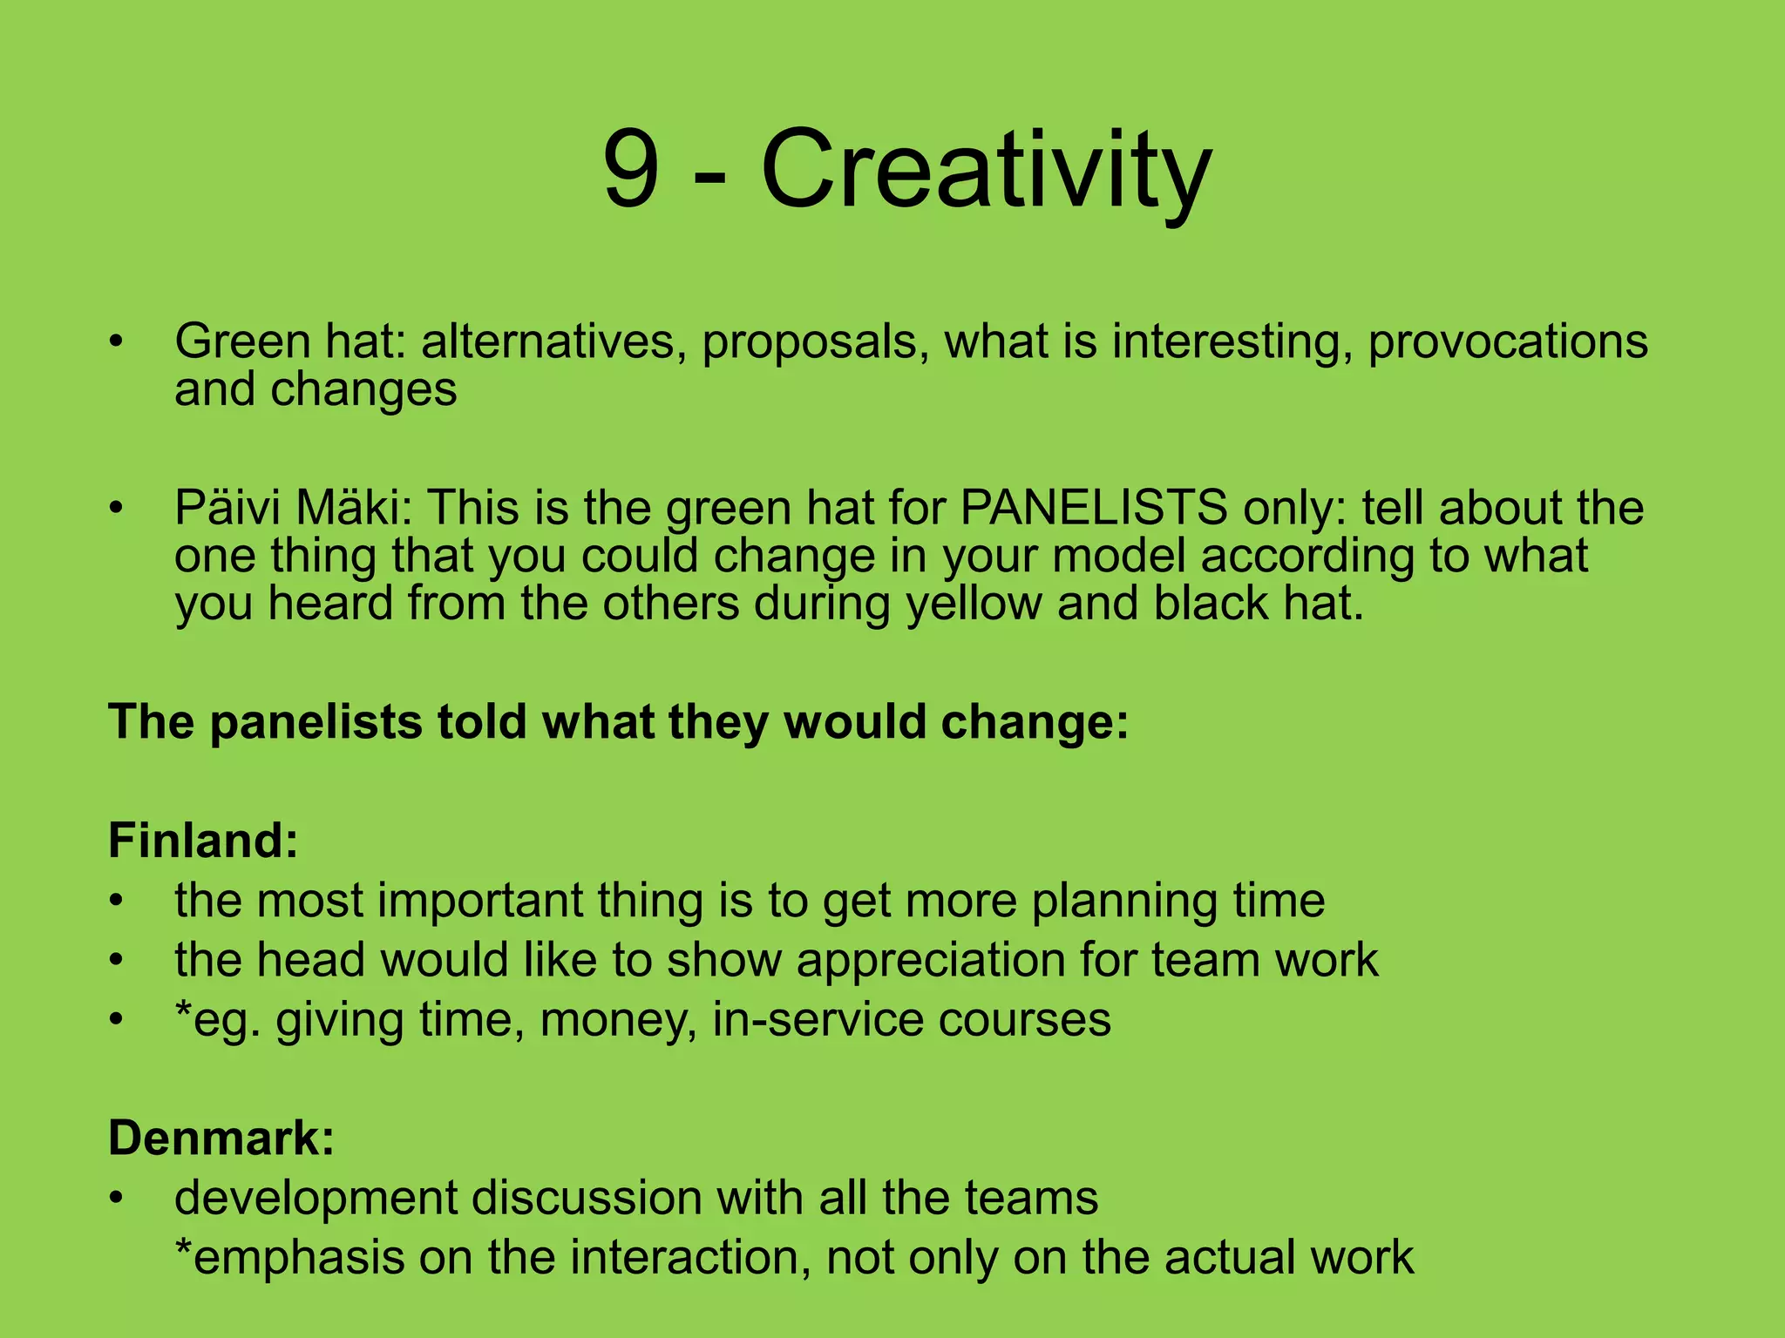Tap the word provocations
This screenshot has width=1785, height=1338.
point(1507,341)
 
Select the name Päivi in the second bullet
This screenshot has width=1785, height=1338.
point(227,507)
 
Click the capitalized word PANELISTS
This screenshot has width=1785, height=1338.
point(1094,507)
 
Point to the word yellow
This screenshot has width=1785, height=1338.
point(974,603)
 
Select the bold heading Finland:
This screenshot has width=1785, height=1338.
point(203,841)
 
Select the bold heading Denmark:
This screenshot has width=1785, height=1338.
point(221,1138)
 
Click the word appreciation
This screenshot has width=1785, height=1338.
point(930,960)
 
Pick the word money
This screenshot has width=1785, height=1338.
point(617,1019)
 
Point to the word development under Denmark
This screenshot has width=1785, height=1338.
point(316,1198)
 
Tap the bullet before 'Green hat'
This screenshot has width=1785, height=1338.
point(117,341)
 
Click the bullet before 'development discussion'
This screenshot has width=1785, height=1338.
point(117,1199)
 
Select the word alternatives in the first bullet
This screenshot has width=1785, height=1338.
point(548,341)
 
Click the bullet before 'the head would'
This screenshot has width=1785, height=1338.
point(117,961)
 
